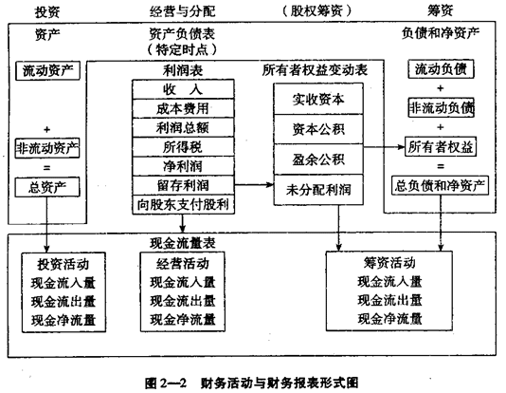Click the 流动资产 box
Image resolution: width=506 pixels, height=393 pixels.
tap(47, 71)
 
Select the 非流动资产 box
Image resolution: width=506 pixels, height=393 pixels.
tap(47, 148)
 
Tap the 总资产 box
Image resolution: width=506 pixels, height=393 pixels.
tap(47, 187)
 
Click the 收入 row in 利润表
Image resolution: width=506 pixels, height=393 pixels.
tap(183, 89)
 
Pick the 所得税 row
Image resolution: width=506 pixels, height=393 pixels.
tap(183, 147)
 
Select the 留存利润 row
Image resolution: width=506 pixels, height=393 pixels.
tap(183, 185)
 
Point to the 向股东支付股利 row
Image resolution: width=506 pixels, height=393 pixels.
tap(183, 205)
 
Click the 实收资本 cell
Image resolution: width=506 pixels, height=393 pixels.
tap(318, 99)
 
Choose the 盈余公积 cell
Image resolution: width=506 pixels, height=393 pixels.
tap(318, 159)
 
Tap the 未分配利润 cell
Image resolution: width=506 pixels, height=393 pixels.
tap(318, 190)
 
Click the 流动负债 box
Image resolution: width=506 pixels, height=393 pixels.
tap(441, 69)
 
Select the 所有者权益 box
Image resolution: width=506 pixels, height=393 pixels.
tap(441, 147)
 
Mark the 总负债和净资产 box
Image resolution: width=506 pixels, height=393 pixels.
tap(441, 185)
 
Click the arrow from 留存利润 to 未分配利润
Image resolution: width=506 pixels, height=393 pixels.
tap(254, 185)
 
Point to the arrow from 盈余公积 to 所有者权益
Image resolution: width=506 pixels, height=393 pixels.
tap(384, 147)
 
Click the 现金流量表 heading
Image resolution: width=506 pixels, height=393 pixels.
tap(183, 243)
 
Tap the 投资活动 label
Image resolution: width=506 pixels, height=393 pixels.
tap(63, 264)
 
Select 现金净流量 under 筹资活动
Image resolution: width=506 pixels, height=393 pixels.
tap(389, 319)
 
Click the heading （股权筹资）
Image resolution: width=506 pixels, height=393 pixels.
tap(317, 11)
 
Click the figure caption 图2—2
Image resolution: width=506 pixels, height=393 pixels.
tap(166, 384)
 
